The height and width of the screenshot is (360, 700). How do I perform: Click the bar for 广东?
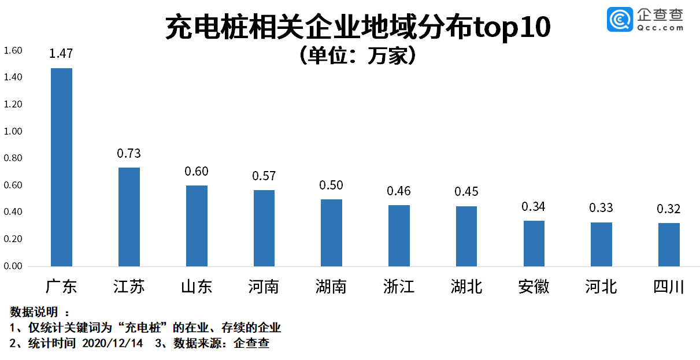61,167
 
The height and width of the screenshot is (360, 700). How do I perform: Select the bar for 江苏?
129,217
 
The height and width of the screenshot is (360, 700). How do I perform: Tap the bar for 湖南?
331,232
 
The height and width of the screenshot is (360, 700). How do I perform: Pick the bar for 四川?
669,244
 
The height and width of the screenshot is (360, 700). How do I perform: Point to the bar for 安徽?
534,243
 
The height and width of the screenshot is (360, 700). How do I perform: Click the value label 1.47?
61,54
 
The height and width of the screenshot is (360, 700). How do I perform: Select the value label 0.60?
197,171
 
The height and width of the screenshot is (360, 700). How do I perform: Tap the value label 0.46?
399,191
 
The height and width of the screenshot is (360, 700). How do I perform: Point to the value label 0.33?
601,207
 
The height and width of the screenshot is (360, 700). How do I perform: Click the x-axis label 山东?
197,286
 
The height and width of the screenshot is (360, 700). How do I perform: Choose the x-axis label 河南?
264,286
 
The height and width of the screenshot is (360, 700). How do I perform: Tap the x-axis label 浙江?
399,286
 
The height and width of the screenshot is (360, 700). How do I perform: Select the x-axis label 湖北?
466,286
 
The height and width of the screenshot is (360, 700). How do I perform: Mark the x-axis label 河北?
601,286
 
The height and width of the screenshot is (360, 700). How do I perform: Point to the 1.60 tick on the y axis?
13,51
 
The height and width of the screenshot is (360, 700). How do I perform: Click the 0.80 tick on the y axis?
13,158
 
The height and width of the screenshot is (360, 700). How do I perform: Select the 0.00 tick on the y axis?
13,266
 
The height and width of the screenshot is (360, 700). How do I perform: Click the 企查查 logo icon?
620,19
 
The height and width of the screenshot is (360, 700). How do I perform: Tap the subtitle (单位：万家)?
357,55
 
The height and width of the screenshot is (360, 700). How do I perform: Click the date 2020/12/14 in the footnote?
112,344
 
